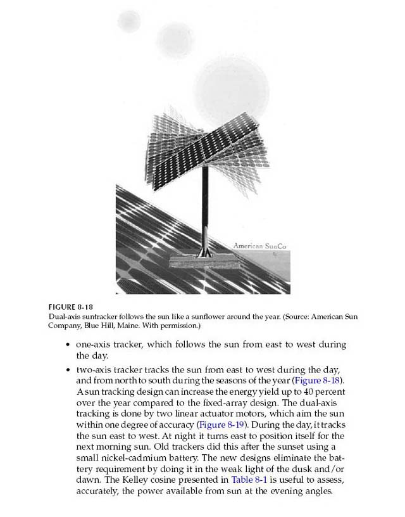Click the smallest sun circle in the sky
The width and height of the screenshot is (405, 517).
[129, 20]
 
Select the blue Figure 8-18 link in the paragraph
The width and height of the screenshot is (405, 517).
[317, 380]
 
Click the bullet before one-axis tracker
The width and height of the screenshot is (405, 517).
[68, 345]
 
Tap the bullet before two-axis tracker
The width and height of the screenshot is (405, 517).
[68, 369]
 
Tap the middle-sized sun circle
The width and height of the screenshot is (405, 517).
[175, 39]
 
